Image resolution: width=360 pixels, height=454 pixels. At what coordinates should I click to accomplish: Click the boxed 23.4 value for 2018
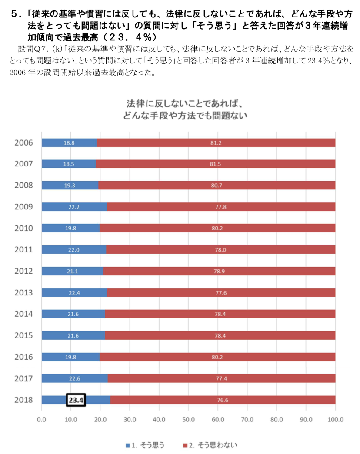tap(75, 400)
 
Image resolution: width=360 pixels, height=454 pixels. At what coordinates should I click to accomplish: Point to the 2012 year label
tap(23, 271)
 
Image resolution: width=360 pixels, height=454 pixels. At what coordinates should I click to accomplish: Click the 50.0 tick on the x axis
tap(188, 420)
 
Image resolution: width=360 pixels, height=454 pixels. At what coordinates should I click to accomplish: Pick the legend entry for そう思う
tap(145, 445)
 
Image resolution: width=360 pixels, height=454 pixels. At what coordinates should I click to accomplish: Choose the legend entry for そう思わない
tap(210, 445)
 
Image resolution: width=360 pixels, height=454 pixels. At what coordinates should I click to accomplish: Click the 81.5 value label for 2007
tap(216, 164)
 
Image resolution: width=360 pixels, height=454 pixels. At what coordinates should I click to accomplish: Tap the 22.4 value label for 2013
tap(74, 292)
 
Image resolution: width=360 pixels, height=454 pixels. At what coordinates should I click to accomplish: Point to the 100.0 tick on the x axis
tap(335, 420)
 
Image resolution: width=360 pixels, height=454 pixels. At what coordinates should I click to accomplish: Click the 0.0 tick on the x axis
tap(42, 420)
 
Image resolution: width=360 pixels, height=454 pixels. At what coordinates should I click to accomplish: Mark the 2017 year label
tap(23, 378)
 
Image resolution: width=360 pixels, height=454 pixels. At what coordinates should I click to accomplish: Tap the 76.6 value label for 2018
tap(222, 400)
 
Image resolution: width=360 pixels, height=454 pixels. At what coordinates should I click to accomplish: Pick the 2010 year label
tap(23, 228)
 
